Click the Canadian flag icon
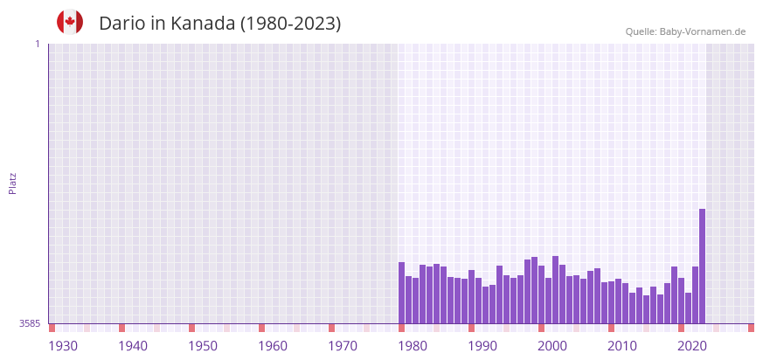[x=70, y=22]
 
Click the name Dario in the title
[x=121, y=24]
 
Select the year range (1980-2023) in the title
[x=291, y=24]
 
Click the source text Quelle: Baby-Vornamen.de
[x=685, y=31]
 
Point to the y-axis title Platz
[x=12, y=183]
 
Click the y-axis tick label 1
[x=37, y=44]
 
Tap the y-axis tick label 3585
[x=30, y=323]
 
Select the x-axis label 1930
[x=63, y=346]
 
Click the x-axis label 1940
[x=133, y=346]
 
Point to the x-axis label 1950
[x=203, y=346]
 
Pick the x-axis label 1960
[x=273, y=346]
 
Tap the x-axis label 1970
[x=343, y=346]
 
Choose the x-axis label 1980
[x=413, y=346]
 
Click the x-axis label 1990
[x=482, y=346]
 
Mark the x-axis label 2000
[x=552, y=346]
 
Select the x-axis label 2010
[x=622, y=346]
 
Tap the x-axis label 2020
[x=692, y=346]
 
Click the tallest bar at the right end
[x=702, y=267]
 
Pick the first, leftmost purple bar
[x=401, y=293]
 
